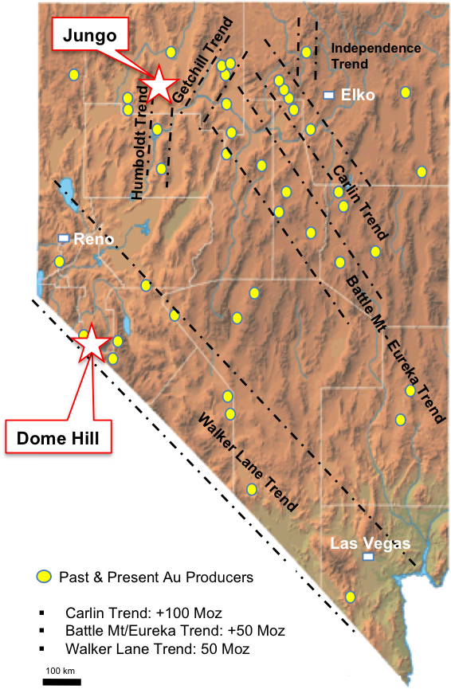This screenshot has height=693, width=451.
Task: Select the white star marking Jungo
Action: [x=159, y=83]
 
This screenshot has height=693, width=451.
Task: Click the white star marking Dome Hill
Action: [x=92, y=343]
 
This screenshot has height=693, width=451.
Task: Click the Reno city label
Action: [x=94, y=239]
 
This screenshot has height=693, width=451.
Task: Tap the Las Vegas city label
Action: [x=371, y=544]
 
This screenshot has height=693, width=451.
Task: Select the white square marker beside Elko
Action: [x=328, y=96]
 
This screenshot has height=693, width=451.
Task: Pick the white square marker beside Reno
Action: [x=64, y=238]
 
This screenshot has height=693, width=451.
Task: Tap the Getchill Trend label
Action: [x=198, y=60]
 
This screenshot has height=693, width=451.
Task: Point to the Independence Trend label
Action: [x=376, y=56]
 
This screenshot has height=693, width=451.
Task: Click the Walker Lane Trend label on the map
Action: [x=247, y=463]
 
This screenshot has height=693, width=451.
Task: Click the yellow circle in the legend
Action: [x=45, y=576]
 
